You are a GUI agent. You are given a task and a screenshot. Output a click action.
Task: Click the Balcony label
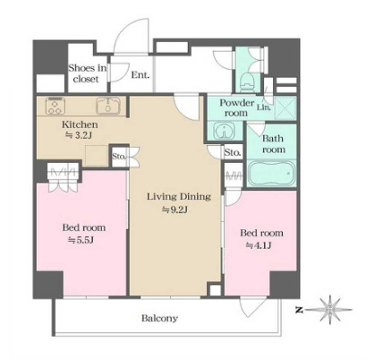(159, 318)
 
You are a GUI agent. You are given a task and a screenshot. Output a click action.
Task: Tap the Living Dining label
(179, 197)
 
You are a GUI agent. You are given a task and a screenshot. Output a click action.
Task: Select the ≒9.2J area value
(174, 210)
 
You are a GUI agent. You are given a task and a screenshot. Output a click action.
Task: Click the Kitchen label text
(80, 124)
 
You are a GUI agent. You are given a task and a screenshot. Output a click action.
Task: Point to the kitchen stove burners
(55, 106)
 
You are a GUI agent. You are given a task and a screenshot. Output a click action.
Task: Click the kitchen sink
(108, 106)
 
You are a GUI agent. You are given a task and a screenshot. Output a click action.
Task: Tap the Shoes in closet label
(87, 73)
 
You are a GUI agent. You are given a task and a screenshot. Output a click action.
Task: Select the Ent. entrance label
(140, 75)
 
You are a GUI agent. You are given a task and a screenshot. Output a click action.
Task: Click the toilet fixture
(247, 81)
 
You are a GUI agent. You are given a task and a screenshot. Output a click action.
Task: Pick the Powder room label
(237, 107)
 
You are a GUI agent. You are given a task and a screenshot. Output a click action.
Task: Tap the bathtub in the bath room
(271, 173)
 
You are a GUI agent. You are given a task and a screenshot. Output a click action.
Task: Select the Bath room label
(273, 143)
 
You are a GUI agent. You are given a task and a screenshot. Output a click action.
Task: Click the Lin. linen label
(264, 107)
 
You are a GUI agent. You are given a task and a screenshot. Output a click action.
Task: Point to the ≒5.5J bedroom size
(81, 240)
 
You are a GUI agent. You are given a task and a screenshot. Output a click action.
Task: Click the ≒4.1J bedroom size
(259, 245)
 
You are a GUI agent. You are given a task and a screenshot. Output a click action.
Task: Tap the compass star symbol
(329, 310)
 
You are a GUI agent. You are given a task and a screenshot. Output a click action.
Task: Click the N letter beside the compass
(298, 310)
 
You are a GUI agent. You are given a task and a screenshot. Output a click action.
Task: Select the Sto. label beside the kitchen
(119, 156)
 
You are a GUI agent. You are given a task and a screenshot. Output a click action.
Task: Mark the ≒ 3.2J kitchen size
(78, 135)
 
